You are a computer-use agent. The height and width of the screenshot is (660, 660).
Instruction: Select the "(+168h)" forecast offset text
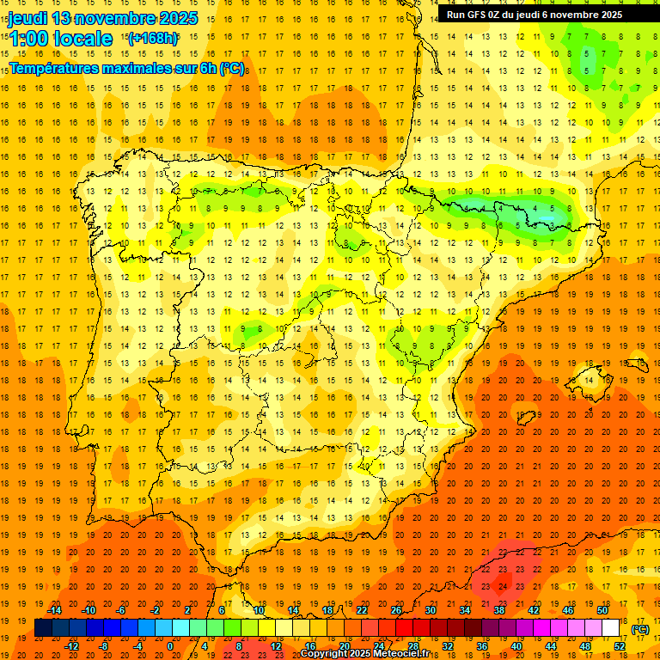(x=152, y=39)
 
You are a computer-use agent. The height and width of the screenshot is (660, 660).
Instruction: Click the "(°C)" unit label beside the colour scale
(x=641, y=629)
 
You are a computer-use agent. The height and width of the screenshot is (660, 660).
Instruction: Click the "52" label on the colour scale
(x=620, y=646)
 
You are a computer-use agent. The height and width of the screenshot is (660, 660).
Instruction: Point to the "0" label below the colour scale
(x=169, y=646)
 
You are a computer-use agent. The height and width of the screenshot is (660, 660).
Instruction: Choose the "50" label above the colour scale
(x=602, y=610)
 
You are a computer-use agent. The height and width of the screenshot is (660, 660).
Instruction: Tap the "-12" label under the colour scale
(x=71, y=646)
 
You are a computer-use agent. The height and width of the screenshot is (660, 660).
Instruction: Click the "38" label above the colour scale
(x=499, y=610)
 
